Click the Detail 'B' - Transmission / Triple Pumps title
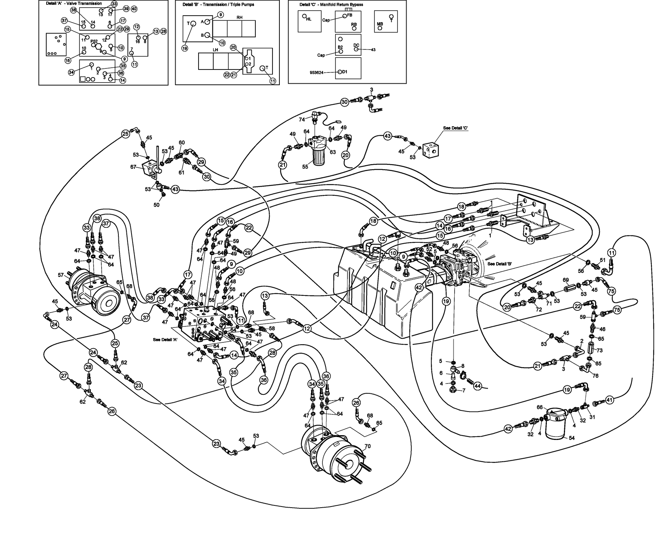point(218,5)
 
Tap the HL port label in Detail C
point(309,19)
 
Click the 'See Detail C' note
point(455,128)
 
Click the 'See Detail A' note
point(165,339)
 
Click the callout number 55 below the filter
point(305,166)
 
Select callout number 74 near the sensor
point(302,119)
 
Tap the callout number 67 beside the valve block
point(133,167)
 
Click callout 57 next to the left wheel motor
point(60,275)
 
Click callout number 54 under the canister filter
point(572,438)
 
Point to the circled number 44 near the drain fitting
point(477,386)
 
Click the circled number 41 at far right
point(609,400)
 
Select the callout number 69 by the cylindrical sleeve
point(565,280)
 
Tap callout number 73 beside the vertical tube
point(600,350)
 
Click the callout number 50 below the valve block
point(156,205)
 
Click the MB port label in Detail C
point(380,24)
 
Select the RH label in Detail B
point(239,17)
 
